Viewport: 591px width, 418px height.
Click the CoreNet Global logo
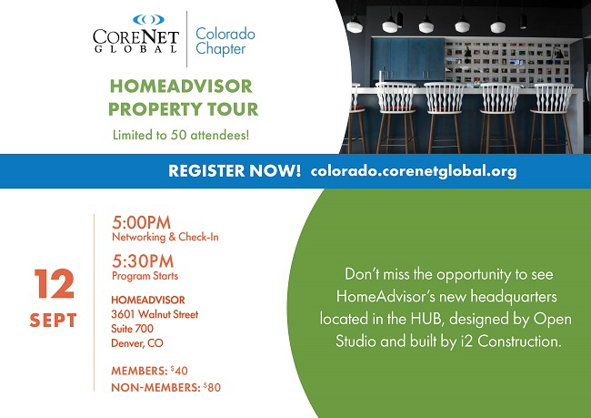135,34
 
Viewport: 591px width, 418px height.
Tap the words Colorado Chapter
225,41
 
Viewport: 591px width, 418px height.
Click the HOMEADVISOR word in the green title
181,87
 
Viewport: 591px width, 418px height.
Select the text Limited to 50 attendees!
181,135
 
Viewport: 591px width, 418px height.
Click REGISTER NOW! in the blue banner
235,171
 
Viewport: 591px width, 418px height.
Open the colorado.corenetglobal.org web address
414,171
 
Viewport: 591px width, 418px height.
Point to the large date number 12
55,283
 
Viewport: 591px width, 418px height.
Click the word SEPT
53,321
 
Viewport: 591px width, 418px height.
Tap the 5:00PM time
141,222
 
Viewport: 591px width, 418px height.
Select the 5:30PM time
143,261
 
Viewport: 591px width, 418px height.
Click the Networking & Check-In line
165,237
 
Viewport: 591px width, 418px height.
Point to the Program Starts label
145,276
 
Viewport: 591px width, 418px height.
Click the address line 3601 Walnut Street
155,314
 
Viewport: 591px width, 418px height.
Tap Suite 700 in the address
133,329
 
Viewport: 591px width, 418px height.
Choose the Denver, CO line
137,343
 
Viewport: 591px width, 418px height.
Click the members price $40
179,371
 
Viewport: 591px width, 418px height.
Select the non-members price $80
212,387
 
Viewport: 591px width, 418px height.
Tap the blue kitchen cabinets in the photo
408,59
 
